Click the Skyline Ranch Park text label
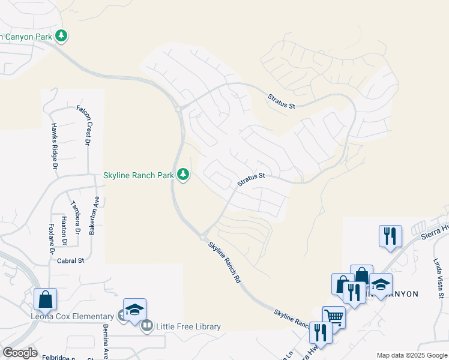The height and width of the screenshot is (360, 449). coord(138,175)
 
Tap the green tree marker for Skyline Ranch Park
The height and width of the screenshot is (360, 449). coord(183,175)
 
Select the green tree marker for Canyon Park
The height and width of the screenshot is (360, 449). coord(61,36)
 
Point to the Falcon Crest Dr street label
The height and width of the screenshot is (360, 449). coord(83,125)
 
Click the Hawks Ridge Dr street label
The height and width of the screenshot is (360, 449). coord(55,146)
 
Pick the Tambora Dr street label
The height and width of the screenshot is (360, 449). coord(76,217)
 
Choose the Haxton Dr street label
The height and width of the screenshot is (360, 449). coord(64,230)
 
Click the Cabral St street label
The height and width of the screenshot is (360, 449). coord(71,261)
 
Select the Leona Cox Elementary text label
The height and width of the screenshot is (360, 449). coord(73,316)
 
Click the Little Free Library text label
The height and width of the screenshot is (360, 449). coord(188,326)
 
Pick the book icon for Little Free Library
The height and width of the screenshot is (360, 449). coord(147,326)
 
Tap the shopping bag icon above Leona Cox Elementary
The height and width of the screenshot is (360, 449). coord(46,298)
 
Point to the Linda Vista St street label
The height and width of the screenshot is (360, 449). coord(438,278)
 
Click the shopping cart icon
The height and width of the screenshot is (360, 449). coord(334,316)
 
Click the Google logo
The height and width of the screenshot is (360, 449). coord(19,353)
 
